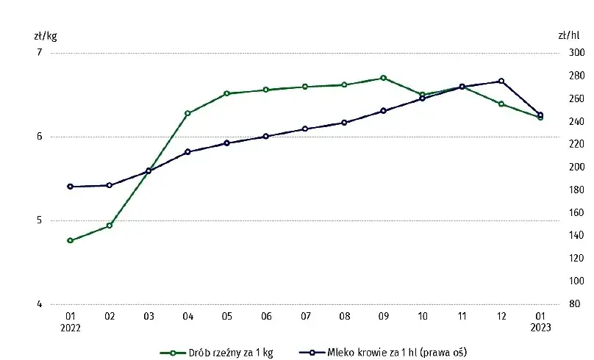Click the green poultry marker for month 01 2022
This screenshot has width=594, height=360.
point(70,240)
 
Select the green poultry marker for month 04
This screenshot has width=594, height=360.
point(187,113)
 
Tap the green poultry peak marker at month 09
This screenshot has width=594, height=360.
point(384,78)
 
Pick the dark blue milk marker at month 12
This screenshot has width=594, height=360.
point(501,81)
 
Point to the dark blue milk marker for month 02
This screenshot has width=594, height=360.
point(110,185)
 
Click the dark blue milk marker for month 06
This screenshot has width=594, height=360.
point(266,136)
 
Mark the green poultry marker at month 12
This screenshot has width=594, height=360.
point(501,104)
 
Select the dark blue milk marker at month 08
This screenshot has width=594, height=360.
point(344,123)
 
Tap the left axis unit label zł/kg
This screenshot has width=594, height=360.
point(45,35)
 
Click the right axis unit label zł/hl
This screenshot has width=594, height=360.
point(568,35)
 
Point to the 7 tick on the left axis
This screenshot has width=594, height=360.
point(40,52)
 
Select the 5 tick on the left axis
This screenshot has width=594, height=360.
point(40,220)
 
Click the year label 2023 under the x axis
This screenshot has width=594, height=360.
point(540,328)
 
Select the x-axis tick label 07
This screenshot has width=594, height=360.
point(305,317)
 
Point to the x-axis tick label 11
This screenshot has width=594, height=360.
point(462,317)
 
